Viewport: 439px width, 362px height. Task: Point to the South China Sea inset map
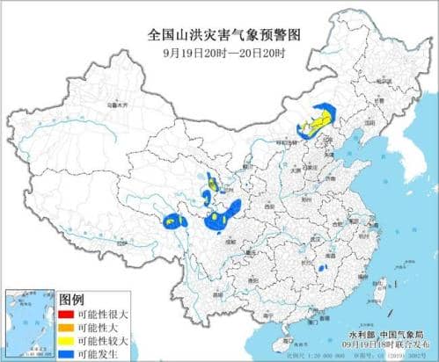[27, 322]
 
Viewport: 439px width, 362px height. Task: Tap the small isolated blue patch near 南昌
[323, 267]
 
